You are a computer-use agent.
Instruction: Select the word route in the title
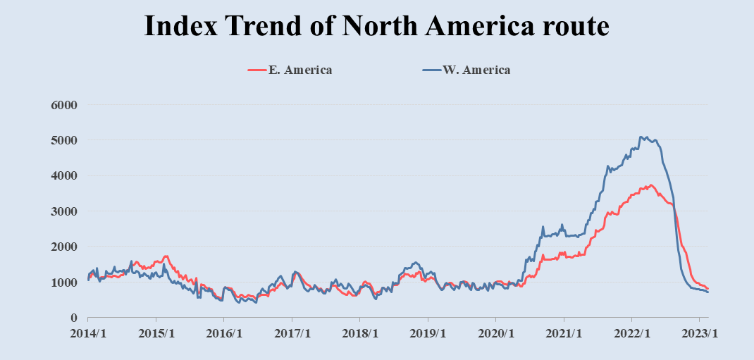pyautogui.click(x=572, y=26)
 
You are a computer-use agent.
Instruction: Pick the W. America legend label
pyautogui.click(x=477, y=70)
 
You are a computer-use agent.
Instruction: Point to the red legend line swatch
pyautogui.click(x=257, y=70)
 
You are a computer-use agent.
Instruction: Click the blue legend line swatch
pyautogui.click(x=431, y=70)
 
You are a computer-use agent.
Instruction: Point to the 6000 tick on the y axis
pyautogui.click(x=62, y=105)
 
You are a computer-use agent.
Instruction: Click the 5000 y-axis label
pyautogui.click(x=62, y=140)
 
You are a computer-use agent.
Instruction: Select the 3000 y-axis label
pyautogui.click(x=62, y=211)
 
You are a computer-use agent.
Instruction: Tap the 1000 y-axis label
pyautogui.click(x=62, y=283)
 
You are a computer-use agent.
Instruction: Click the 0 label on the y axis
pyautogui.click(x=73, y=318)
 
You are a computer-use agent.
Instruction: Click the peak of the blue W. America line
pyautogui.click(x=641, y=137)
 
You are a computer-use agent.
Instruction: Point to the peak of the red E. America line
pyautogui.click(x=651, y=185)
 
